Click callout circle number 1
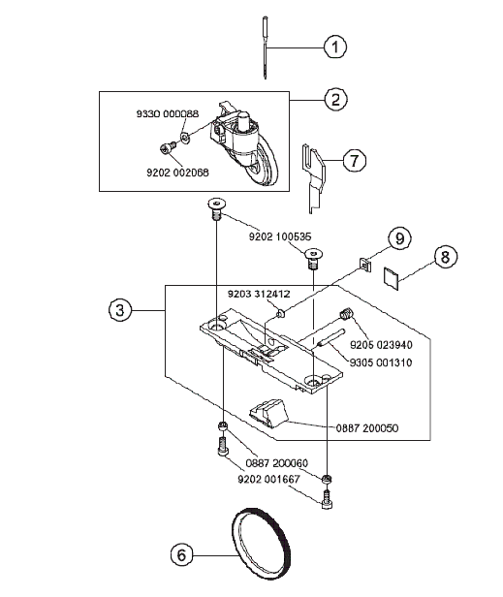click(x=335, y=47)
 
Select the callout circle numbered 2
click(x=335, y=100)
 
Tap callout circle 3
click(x=120, y=310)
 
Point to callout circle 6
click(x=181, y=554)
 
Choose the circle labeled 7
click(x=354, y=160)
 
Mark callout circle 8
click(x=445, y=257)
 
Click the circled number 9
click(x=399, y=238)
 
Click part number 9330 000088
click(x=168, y=113)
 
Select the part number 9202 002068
click(x=177, y=173)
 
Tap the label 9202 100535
click(x=280, y=236)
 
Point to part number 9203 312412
click(x=259, y=294)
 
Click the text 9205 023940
click(x=381, y=345)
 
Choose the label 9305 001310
click(x=381, y=362)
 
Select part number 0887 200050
click(x=367, y=428)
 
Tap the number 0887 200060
click(x=277, y=463)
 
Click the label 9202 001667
click(x=269, y=479)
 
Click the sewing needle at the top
click(x=265, y=47)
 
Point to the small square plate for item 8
click(x=391, y=278)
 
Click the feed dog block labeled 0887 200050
click(x=267, y=413)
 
